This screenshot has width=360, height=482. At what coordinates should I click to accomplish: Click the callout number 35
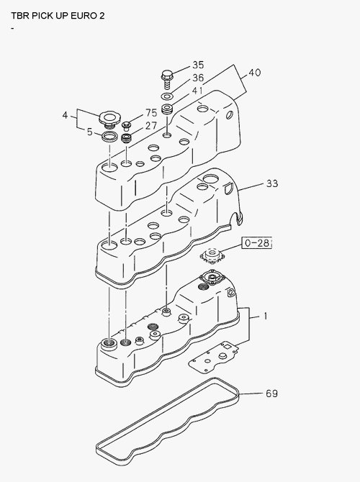(x=198, y=65)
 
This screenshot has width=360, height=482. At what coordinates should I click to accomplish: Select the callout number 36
(x=198, y=78)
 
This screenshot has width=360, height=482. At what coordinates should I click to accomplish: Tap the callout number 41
(x=197, y=91)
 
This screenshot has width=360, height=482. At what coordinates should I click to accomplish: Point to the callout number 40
(x=254, y=73)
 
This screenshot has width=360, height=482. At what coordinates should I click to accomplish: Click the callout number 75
(x=151, y=113)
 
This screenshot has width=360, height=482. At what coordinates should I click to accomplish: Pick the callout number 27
(x=151, y=126)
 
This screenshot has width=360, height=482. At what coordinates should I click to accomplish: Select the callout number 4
(x=65, y=115)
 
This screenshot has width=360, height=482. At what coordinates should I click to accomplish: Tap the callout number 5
(x=89, y=132)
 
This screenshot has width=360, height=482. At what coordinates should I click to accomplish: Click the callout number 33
(x=272, y=183)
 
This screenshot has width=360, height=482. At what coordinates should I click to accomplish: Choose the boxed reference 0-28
(x=256, y=243)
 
